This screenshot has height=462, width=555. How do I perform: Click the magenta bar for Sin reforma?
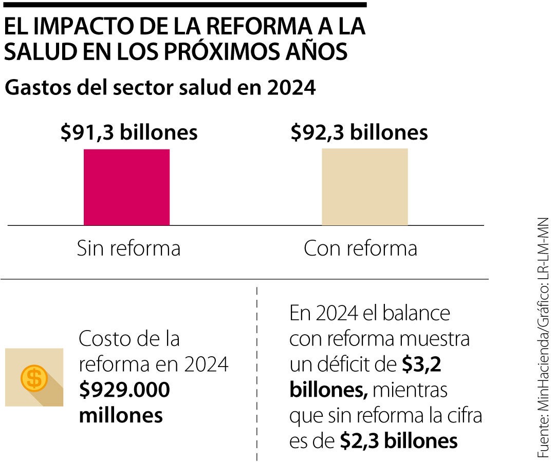(x=126, y=187)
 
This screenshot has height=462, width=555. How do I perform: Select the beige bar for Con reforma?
(x=364, y=187)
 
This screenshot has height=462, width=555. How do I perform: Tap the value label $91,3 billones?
(x=129, y=132)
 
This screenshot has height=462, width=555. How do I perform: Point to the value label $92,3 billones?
(x=359, y=132)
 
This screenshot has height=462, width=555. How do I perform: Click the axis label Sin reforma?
(x=128, y=248)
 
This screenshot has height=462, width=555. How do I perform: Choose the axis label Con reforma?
(x=360, y=248)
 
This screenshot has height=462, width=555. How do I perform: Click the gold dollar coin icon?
(x=34, y=379)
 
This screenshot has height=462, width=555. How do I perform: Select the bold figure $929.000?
(x=124, y=390)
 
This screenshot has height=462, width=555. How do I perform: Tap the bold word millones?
(x=121, y=415)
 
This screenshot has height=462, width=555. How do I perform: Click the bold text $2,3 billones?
(x=399, y=441)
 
